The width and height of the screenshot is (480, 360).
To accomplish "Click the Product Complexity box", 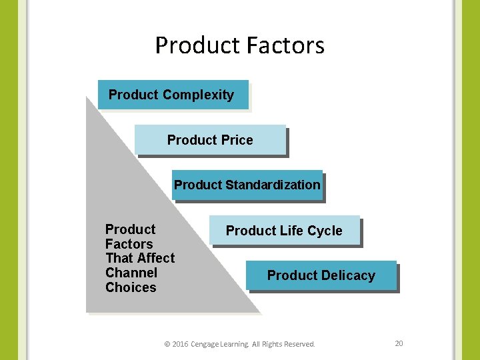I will tap(173, 95).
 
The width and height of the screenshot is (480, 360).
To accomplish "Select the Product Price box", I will tap(210, 140).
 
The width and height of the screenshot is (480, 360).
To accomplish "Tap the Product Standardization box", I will tap(247, 185).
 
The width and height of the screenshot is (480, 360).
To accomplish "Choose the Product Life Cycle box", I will tap(285, 231).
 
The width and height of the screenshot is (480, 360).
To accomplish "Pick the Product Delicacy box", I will tap(321, 275).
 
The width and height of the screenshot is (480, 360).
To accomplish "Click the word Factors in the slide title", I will tap(285, 45).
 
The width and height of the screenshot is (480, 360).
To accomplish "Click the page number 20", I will tap(399, 343).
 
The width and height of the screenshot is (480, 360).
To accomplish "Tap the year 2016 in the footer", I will tap(180, 344).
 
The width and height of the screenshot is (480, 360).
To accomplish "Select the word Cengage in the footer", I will tap(206, 344).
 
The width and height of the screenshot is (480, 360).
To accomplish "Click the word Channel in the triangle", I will tap(131, 273).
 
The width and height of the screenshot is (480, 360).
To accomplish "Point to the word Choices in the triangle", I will tap(131, 287).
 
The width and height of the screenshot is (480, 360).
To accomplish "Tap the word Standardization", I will tap(273, 185).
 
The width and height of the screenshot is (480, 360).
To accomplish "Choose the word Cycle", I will tap(326, 231).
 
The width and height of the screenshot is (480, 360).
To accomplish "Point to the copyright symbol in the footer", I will tap(167, 344).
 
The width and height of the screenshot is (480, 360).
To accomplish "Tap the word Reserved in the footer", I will tap(299, 344).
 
